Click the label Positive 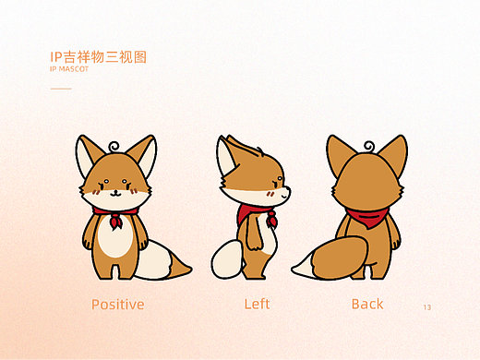click(x=117, y=304)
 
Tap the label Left click(x=258, y=304)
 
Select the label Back click(x=367, y=304)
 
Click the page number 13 click(x=426, y=306)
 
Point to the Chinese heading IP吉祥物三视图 click(x=99, y=57)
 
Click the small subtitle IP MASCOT click(x=69, y=69)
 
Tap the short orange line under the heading click(x=61, y=89)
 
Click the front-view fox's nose click(x=114, y=191)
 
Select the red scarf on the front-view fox click(x=114, y=219)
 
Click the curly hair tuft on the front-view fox click(x=114, y=146)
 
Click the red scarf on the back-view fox click(x=366, y=219)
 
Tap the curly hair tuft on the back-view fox click(x=369, y=146)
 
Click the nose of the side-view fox click(x=289, y=191)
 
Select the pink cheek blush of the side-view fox click(x=269, y=196)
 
